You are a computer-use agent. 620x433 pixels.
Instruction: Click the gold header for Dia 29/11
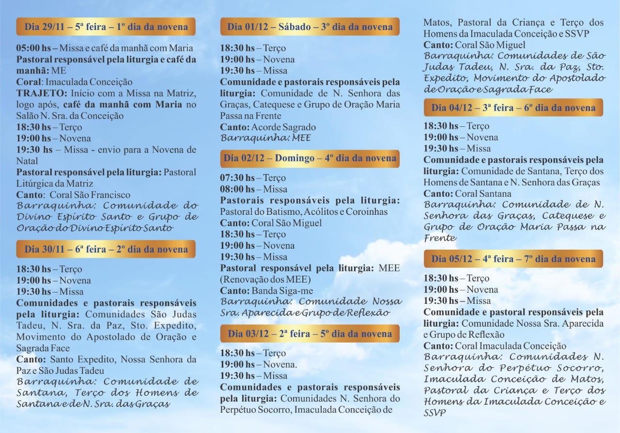point(106,27)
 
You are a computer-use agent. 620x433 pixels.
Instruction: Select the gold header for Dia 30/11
point(106,249)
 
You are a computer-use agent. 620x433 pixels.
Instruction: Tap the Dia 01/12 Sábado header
point(310,27)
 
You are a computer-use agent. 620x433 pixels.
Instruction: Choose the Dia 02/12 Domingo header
point(310,158)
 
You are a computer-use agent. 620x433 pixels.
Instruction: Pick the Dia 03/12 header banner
point(310,333)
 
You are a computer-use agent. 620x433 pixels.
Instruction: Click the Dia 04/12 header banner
point(513,107)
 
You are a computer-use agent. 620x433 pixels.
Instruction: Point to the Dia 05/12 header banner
point(513,259)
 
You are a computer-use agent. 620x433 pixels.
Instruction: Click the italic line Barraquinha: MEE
point(265,138)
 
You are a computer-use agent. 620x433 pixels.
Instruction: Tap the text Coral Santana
point(483,194)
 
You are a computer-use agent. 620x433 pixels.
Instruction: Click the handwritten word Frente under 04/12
point(440,238)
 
